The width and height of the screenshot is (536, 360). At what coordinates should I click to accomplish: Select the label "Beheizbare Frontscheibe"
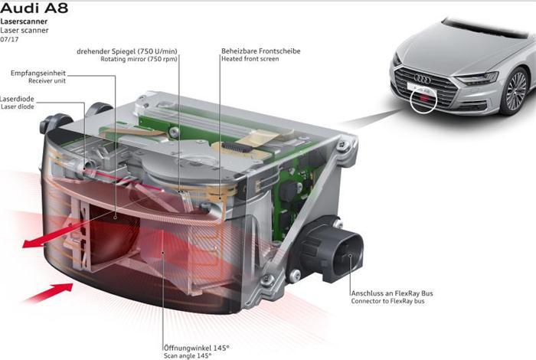point(261,51)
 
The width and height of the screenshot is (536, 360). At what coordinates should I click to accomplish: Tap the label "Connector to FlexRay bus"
point(388,301)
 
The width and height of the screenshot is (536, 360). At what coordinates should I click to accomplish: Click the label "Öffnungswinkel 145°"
point(195,347)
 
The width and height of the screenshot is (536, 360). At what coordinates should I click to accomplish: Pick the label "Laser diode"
point(18,107)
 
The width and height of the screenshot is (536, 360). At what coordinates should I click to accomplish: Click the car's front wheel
point(517,90)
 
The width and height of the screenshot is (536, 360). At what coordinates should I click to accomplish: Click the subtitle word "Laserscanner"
point(24,22)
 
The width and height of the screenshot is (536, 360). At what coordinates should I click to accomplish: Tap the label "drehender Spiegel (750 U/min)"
point(127,51)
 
